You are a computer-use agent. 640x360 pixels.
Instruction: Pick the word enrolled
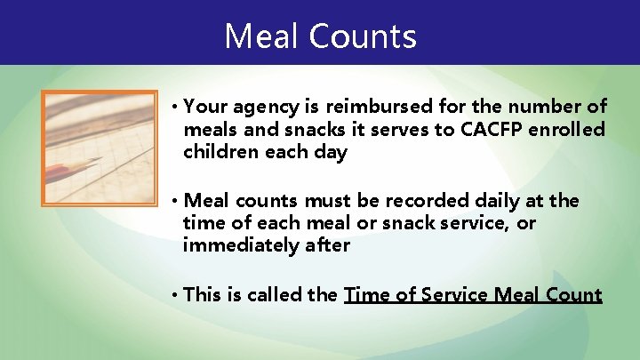568,130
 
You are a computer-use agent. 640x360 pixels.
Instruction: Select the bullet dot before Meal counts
176,202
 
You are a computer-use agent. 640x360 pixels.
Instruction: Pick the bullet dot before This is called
176,295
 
